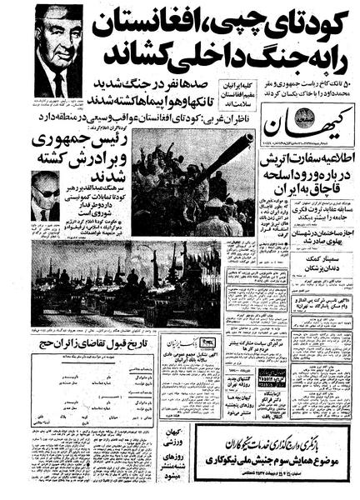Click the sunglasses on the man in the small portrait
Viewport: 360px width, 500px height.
45,192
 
